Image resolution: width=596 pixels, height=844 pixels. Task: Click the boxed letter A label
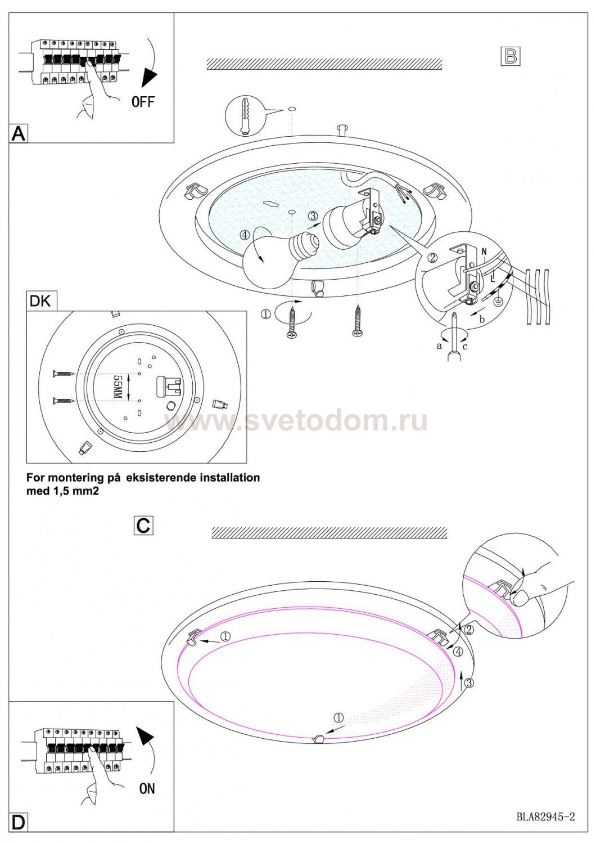pyautogui.click(x=18, y=133)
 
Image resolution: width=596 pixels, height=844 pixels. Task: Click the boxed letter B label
pyautogui.click(x=510, y=56)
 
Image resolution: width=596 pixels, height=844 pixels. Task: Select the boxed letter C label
pyautogui.click(x=143, y=526)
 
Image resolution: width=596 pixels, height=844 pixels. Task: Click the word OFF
pyautogui.click(x=143, y=102)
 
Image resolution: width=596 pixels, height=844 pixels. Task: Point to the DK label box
pyautogui.click(x=42, y=302)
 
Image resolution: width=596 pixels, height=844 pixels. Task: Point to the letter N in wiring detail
pyautogui.click(x=485, y=252)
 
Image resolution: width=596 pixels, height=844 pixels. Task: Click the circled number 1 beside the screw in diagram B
pyautogui.click(x=266, y=314)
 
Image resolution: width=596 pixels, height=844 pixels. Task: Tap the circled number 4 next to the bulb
pyautogui.click(x=245, y=235)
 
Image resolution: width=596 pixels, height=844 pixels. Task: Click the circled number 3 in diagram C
pyautogui.click(x=469, y=683)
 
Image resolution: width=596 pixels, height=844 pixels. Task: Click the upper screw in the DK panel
pyautogui.click(x=64, y=374)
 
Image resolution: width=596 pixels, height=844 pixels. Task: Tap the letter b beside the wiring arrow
pyautogui.click(x=481, y=320)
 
